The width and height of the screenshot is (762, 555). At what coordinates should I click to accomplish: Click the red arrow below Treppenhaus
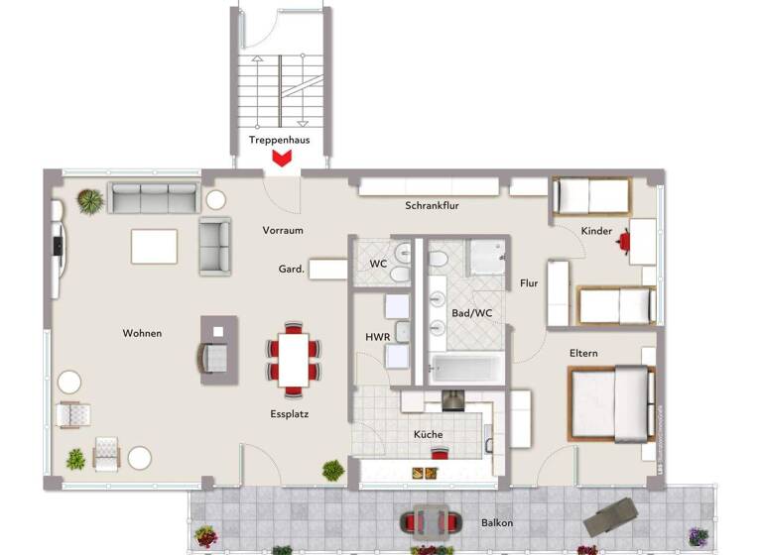[282, 158]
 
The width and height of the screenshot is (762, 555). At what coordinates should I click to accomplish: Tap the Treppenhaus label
[279, 140]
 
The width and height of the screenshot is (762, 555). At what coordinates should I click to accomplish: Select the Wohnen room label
[142, 333]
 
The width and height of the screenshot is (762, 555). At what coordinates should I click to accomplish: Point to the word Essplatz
[289, 414]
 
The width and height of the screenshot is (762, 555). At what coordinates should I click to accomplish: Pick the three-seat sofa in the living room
[153, 198]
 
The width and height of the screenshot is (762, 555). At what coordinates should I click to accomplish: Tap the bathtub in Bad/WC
[464, 370]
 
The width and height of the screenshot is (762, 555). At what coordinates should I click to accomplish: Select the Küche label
[429, 434]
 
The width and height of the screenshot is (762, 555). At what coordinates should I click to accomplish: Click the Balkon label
[497, 521]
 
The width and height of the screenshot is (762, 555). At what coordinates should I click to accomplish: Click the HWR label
[377, 337]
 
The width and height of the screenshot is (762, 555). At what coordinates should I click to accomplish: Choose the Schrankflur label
[432, 206]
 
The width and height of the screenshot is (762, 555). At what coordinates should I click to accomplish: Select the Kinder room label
[596, 230]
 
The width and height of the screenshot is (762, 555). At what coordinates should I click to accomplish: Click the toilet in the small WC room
[400, 262]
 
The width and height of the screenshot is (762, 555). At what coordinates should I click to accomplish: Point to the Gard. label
[291, 269]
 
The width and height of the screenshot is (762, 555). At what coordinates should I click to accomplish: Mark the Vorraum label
[283, 230]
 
